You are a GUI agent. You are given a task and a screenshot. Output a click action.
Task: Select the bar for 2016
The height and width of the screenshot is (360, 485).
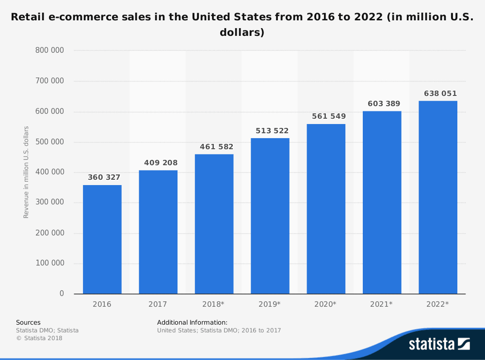click(102, 239)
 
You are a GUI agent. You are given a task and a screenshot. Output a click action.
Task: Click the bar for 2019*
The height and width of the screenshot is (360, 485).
click(270, 216)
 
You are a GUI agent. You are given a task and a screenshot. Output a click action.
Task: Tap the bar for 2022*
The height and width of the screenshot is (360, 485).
click(437, 197)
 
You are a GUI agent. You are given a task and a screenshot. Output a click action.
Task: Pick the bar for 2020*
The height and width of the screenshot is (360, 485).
click(325, 209)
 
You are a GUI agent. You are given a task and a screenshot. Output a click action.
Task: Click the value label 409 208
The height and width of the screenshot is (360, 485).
click(161, 163)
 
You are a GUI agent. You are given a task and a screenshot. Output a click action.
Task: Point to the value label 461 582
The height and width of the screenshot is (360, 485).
click(216, 147)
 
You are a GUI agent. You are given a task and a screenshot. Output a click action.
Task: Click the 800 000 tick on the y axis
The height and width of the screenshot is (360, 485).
click(49, 50)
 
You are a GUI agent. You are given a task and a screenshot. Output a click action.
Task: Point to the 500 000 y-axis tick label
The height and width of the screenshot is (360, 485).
click(49, 142)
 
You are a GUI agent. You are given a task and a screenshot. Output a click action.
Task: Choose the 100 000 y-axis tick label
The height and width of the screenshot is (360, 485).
click(49, 264)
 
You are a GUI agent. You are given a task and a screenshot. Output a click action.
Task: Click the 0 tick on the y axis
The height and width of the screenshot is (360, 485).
click(62, 294)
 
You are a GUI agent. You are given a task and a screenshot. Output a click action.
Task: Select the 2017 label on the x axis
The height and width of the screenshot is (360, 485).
click(158, 304)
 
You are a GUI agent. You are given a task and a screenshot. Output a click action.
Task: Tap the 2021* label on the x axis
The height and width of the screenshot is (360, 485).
click(382, 304)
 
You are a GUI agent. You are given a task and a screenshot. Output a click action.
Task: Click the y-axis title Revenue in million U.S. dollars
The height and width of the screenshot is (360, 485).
click(26, 172)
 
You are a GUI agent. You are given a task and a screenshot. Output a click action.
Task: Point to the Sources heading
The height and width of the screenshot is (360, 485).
click(28, 322)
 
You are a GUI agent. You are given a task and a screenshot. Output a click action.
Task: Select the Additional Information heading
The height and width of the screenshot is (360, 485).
click(192, 322)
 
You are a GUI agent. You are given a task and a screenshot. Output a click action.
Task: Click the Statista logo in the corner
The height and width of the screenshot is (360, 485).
click(439, 344)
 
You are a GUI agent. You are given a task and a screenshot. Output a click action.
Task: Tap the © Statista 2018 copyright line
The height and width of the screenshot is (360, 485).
click(39, 338)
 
